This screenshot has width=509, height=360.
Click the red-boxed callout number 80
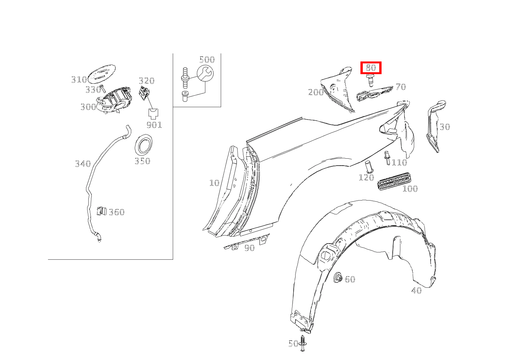pyautogui.click(x=371, y=68)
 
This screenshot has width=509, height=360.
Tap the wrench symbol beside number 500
pyautogui.click(x=205, y=73)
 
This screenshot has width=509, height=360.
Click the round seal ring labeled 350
pyautogui.click(x=144, y=144)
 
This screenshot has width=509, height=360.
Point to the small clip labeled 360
pyautogui.click(x=102, y=211)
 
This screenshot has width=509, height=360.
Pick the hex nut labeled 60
pyautogui.click(x=338, y=278)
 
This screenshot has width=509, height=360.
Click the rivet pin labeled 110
pyautogui.click(x=387, y=158)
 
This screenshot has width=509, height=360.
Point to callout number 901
pyautogui.click(x=154, y=125)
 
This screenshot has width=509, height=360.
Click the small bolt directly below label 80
pyautogui.click(x=370, y=80)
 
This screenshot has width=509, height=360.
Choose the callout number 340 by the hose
pyautogui.click(x=83, y=164)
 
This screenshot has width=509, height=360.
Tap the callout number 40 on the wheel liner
pyautogui.click(x=416, y=290)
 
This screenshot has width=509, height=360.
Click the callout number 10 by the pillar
pyautogui.click(x=214, y=183)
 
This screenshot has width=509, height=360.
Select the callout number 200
pyautogui.click(x=316, y=92)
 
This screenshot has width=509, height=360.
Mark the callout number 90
pyautogui.click(x=250, y=248)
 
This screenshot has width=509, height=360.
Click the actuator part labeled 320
pyautogui.click(x=144, y=93)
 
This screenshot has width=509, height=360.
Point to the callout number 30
pyautogui.click(x=445, y=127)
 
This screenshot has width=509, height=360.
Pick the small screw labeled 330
pyautogui.click(x=102, y=88)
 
